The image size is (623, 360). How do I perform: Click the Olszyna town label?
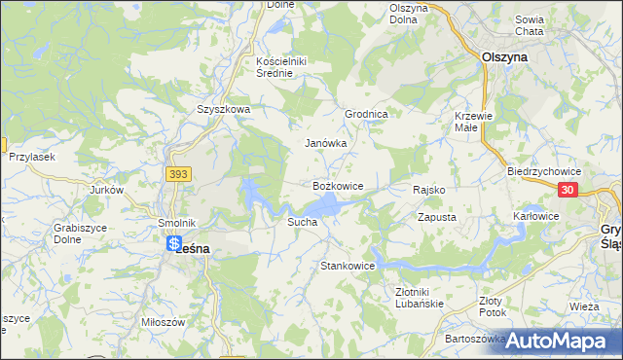tap(504, 57)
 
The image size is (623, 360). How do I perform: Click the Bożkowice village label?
tap(337, 185)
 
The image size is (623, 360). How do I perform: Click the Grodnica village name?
tap(366, 114)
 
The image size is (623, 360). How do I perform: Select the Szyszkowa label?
tap(224, 110)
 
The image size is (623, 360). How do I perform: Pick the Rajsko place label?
tap(428, 190)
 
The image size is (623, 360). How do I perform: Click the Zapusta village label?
tap(436, 217)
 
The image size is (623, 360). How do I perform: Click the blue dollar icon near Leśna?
tap(173, 244)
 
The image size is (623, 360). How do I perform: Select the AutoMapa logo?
tap(560, 341)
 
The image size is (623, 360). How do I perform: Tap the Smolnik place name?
tap(177, 222)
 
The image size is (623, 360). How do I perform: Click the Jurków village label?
tap(107, 191)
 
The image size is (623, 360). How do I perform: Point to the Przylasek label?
tap(30, 157)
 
